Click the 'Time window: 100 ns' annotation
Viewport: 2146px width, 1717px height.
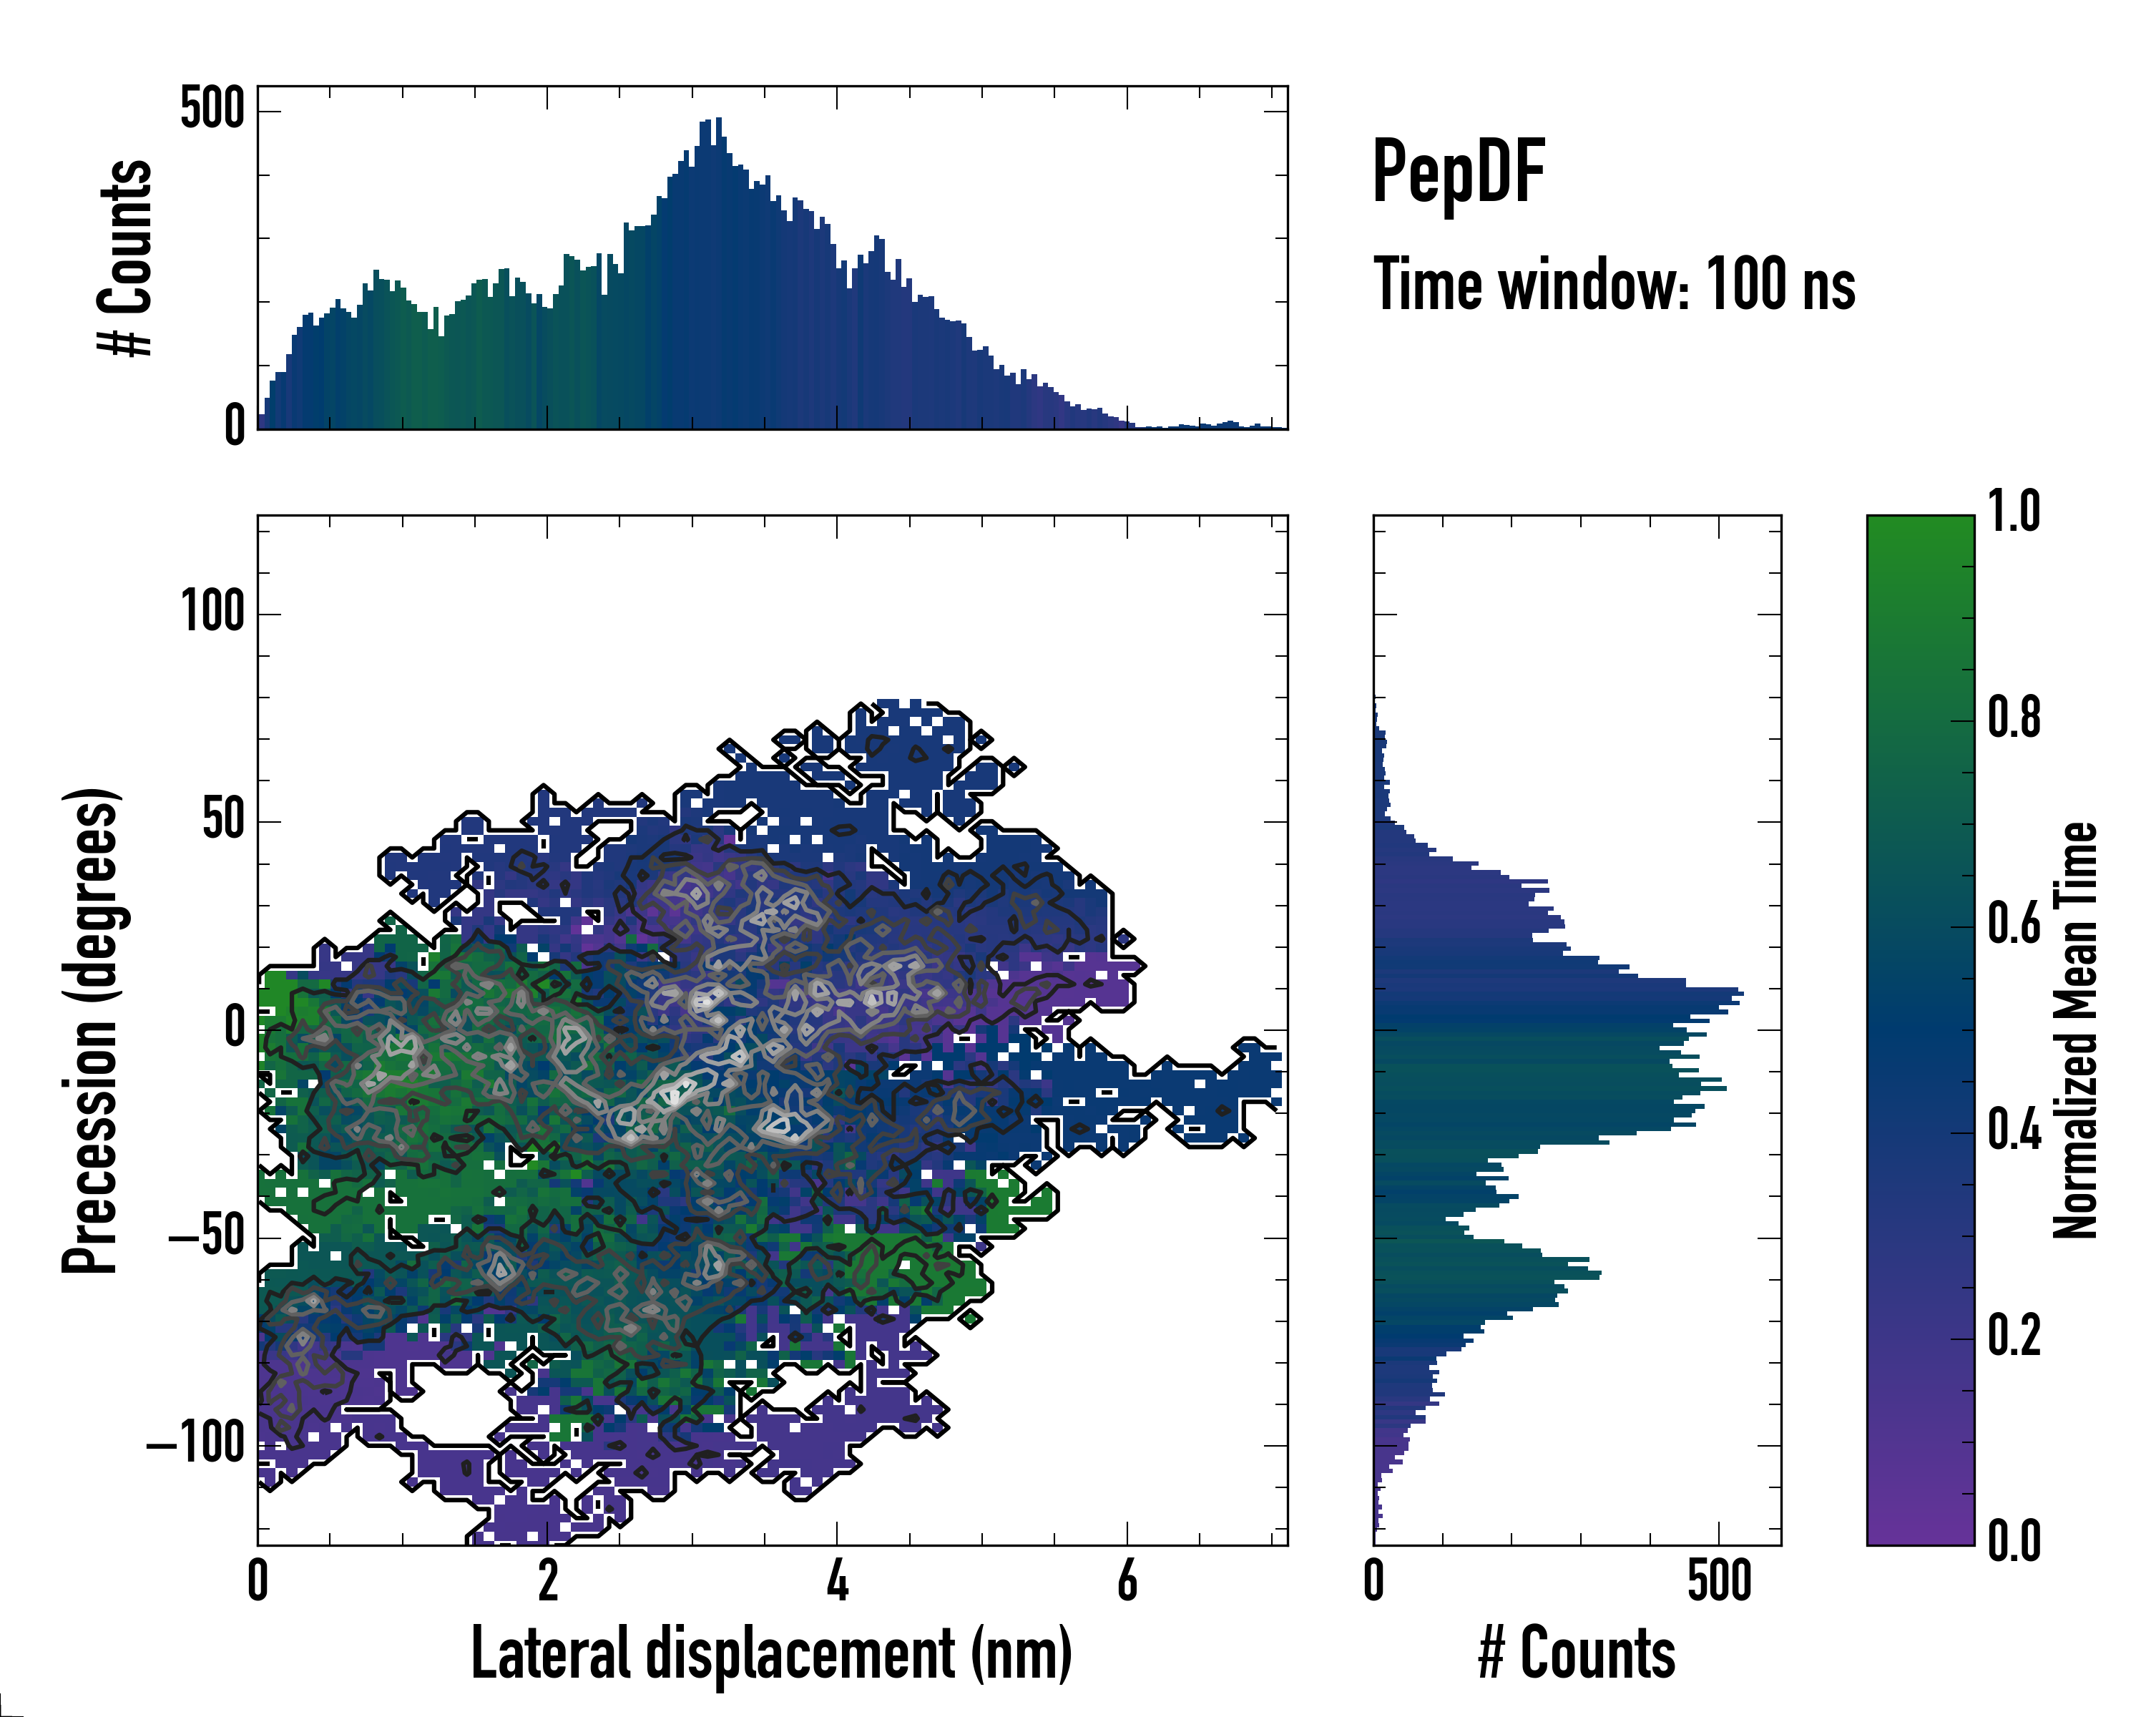coord(1614,285)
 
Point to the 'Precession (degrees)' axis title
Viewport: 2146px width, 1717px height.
coord(91,1030)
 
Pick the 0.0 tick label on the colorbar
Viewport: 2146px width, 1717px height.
coord(2014,1542)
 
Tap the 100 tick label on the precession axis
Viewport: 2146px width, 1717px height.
coord(212,612)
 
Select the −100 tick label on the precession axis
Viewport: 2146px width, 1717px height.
coord(196,1443)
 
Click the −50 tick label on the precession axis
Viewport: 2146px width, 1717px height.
coord(206,1237)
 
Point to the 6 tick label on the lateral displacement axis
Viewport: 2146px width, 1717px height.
coord(1127,1582)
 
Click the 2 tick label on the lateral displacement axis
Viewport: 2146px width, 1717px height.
coord(547,1582)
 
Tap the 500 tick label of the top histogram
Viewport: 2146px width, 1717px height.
coord(212,109)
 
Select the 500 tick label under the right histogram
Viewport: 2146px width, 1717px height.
coord(1719,1582)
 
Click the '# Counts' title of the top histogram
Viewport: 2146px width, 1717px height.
coord(125,258)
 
